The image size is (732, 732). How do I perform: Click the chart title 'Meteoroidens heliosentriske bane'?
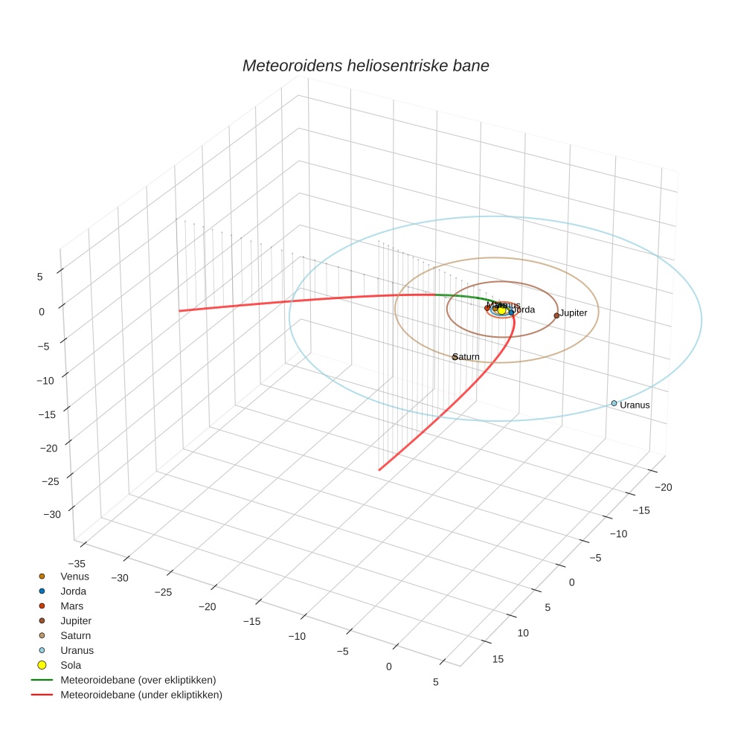point(365,65)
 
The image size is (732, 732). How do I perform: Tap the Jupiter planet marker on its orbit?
point(556,315)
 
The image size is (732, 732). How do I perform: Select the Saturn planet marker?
point(455,357)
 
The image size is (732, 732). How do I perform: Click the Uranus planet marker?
point(614,403)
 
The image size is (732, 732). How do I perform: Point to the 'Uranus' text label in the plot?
point(635,405)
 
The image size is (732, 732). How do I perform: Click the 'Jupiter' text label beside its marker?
point(574,313)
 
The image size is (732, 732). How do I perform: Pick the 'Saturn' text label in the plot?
point(467,357)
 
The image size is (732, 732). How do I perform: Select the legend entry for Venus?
point(74,577)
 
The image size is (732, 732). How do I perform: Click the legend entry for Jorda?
point(73,591)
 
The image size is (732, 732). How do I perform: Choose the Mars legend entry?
point(71,606)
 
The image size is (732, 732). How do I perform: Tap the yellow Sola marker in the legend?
point(42,665)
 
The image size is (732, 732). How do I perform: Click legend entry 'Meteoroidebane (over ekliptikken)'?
point(138,680)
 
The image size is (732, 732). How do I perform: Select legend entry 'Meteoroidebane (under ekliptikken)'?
point(141,695)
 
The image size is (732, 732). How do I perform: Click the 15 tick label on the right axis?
point(498,659)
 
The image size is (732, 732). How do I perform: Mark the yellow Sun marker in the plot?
point(501,310)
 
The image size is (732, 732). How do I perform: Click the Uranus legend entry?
point(77,650)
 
